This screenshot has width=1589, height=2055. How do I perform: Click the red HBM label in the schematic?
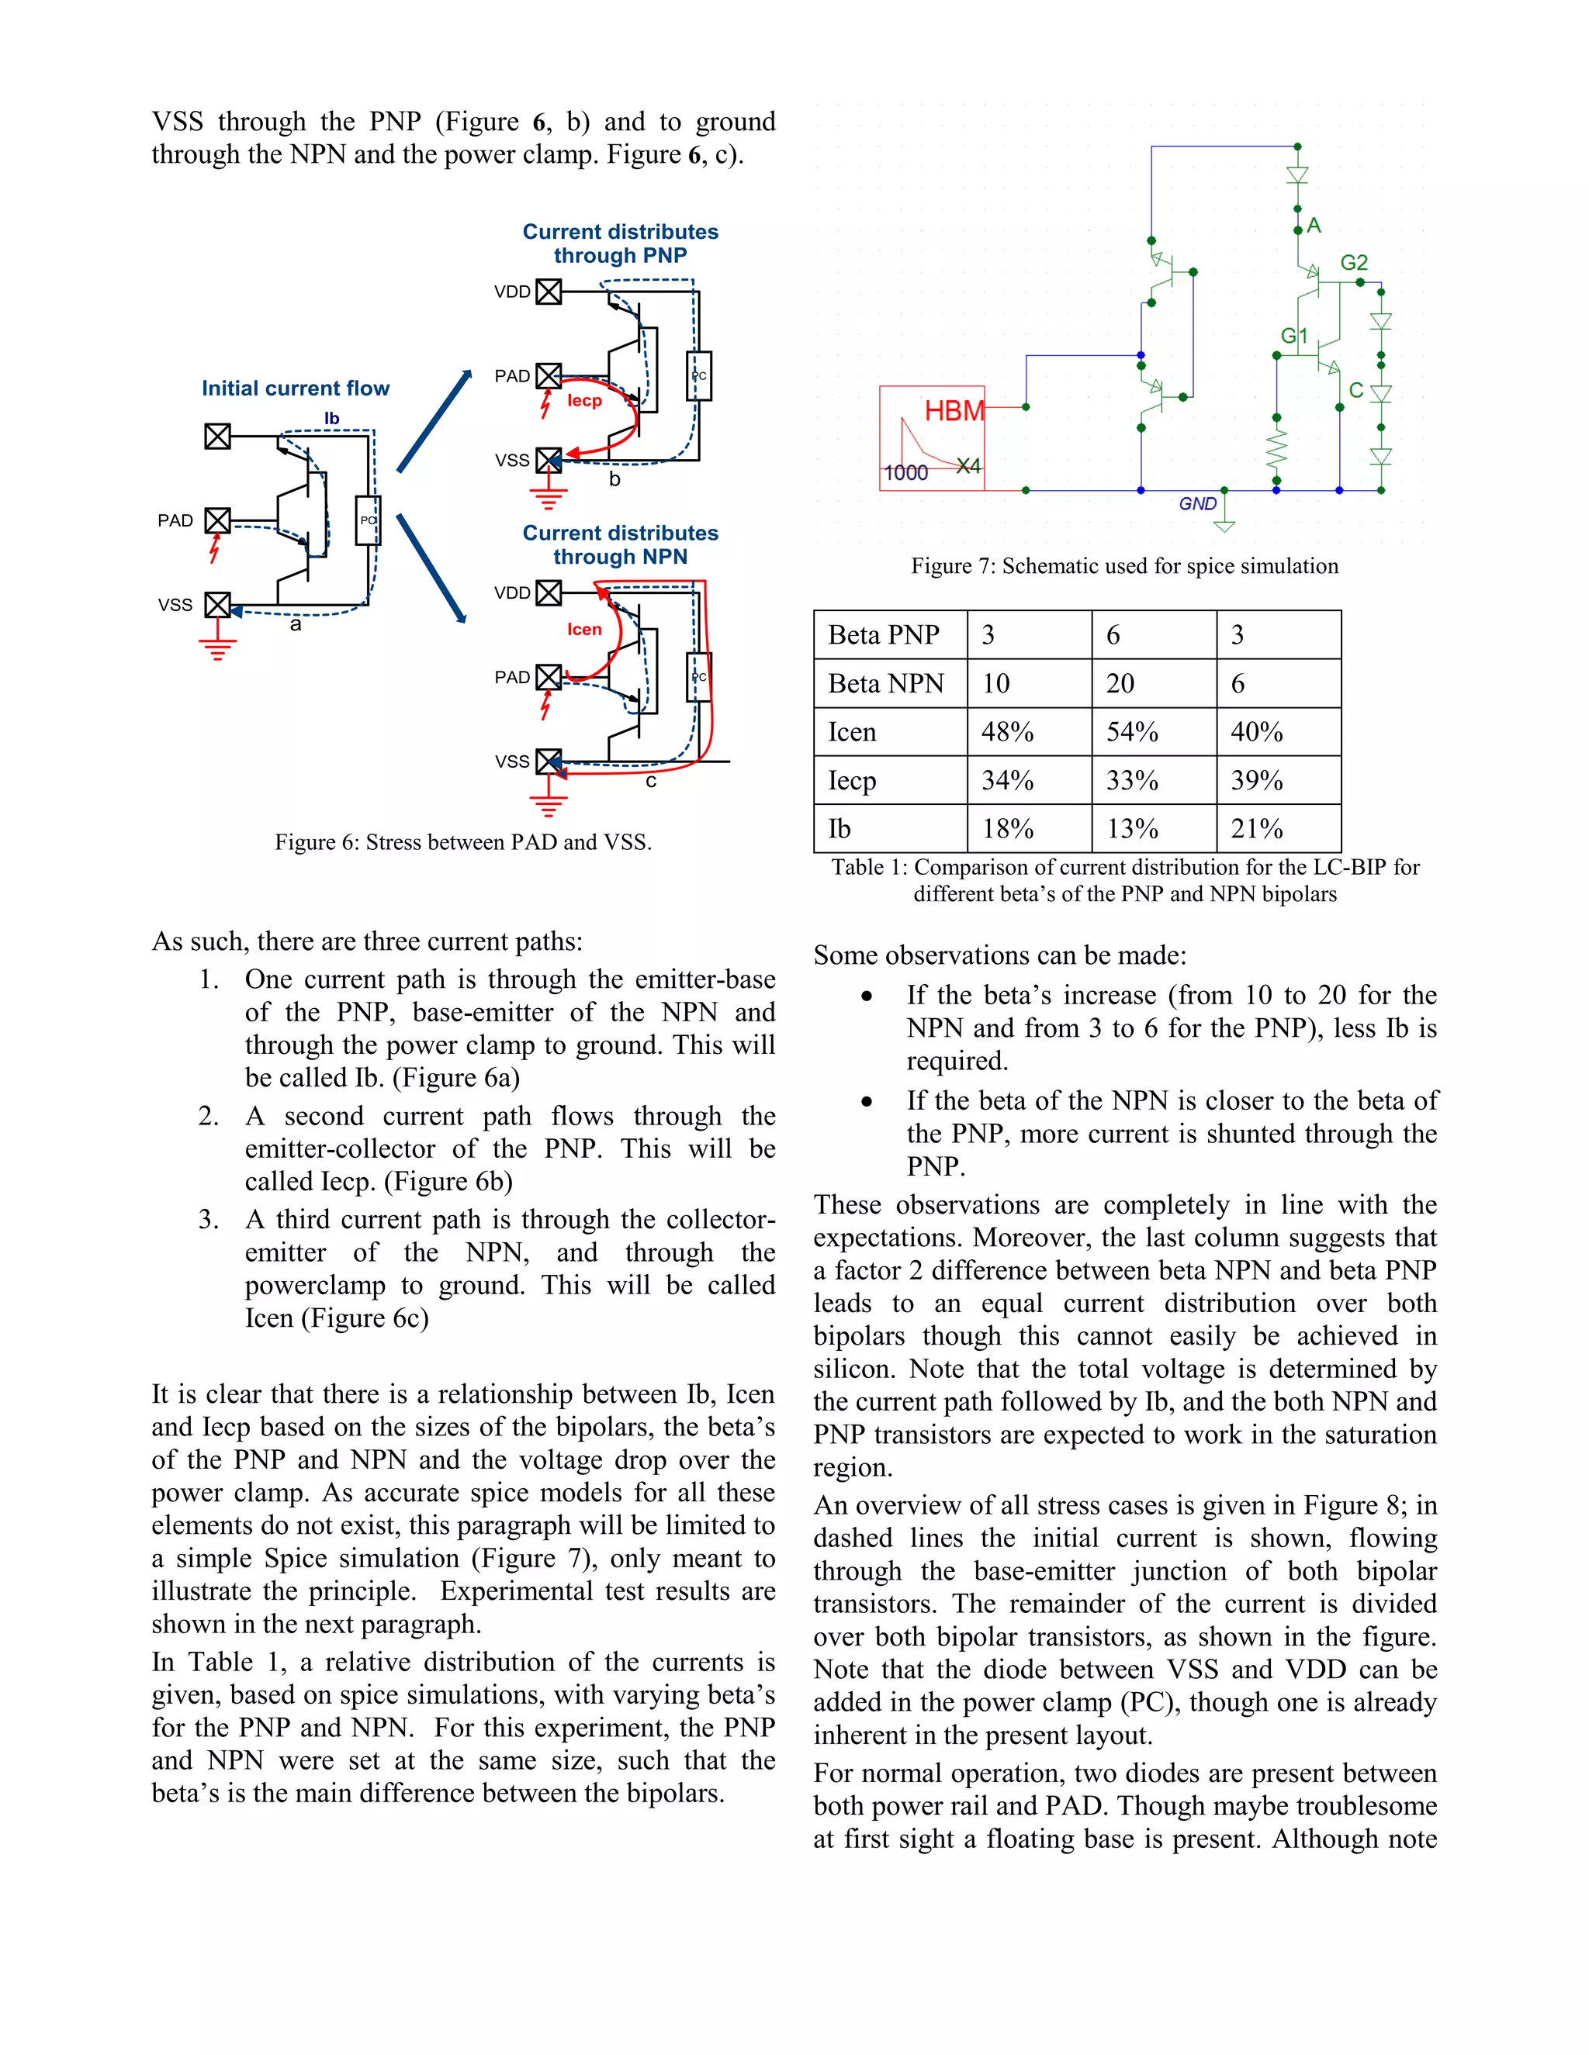954,411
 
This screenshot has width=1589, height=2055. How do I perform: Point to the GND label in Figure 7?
1197,504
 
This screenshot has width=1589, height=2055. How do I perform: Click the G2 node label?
1354,263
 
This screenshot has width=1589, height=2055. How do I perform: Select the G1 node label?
1294,336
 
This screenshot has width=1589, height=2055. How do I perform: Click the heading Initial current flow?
295,389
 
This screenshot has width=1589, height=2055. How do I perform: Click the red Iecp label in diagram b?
583,401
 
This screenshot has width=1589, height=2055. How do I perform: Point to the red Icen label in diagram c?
583,630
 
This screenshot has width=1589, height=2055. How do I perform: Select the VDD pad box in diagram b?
549,292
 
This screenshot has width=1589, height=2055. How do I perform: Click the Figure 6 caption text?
462,842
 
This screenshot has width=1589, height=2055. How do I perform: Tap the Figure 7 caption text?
1124,566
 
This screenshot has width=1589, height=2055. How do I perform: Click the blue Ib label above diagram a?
331,419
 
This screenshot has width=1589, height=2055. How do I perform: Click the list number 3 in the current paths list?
209,1221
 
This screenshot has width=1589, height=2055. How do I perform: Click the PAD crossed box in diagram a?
217,520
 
